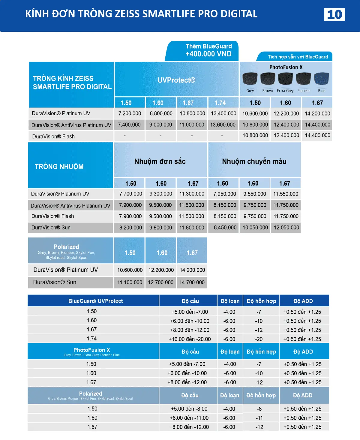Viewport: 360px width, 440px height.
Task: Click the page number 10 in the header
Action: click(334, 14)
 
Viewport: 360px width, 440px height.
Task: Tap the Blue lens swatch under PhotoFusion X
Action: click(322, 79)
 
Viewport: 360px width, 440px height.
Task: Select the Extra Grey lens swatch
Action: click(285, 79)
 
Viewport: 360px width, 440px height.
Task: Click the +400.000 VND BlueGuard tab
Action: click(208, 51)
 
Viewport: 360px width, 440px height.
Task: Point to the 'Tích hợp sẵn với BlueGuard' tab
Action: click(298, 57)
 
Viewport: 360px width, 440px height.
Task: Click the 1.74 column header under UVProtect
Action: click(220, 103)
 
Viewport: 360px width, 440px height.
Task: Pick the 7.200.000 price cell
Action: click(130, 113)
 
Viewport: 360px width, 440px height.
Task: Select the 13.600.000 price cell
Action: click(223, 124)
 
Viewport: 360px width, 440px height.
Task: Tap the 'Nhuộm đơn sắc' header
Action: click(160, 161)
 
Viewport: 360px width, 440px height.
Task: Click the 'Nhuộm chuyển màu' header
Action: click(254, 161)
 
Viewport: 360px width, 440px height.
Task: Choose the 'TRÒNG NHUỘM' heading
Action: click(59, 167)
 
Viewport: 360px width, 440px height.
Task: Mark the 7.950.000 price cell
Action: click(225, 194)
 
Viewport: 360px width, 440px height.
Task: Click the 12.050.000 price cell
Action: click(286, 227)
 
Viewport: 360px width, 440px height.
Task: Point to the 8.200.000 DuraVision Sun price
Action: click(130, 227)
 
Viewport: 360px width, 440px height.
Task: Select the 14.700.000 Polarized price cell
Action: click(192, 282)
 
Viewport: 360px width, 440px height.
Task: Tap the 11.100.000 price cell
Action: click(130, 282)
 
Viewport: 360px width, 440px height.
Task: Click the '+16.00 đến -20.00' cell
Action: click(190, 339)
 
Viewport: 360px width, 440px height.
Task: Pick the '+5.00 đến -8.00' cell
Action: click(189, 409)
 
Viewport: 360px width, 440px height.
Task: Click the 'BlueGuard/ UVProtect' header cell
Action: click(95, 301)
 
